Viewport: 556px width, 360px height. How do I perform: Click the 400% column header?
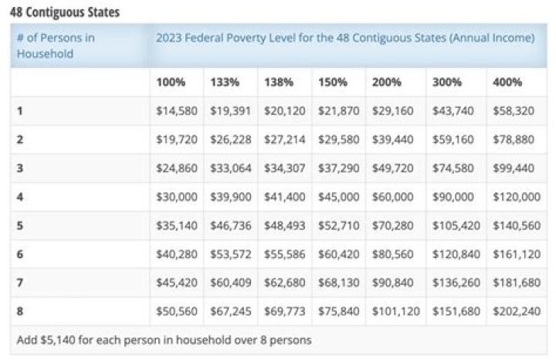[x=507, y=82]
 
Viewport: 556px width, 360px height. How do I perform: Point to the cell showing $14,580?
[x=177, y=111]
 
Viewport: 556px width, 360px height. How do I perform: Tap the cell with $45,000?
[x=338, y=197]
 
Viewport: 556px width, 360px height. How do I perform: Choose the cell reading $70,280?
[x=393, y=226]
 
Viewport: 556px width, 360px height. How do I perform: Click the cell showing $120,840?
[x=454, y=254]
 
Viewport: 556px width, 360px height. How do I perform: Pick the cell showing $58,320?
[x=514, y=111]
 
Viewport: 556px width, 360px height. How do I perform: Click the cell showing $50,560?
[x=177, y=311]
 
